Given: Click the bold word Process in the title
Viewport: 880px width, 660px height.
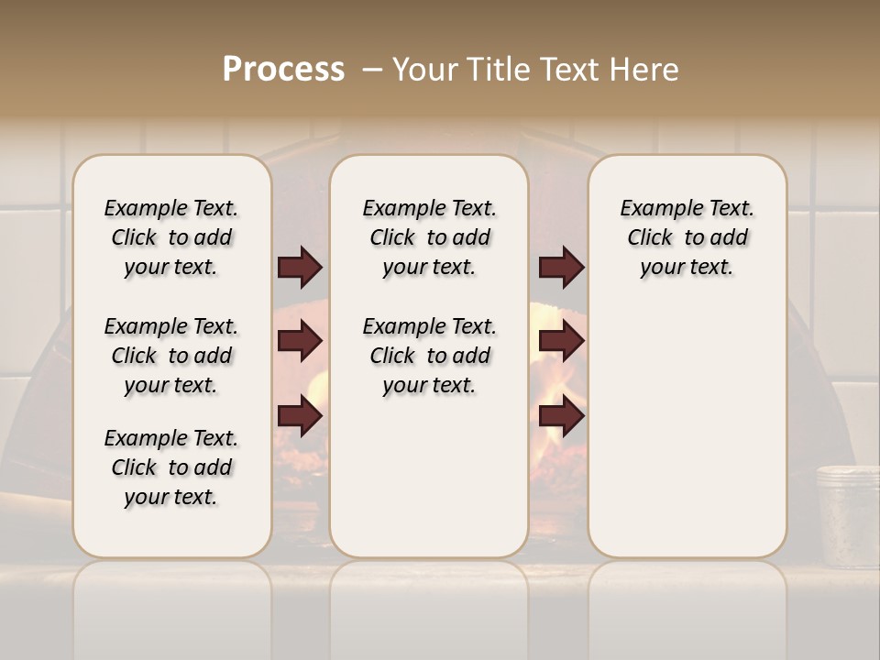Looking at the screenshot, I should [283, 70].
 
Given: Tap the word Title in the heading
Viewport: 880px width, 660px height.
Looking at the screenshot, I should [495, 70].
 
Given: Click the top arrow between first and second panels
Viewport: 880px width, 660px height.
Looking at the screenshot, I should [300, 267].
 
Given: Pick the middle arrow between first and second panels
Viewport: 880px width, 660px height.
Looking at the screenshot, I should [300, 342].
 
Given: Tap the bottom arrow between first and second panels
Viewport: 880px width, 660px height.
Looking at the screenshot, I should [300, 417].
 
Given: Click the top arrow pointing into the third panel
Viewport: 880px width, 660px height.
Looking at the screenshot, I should [561, 267].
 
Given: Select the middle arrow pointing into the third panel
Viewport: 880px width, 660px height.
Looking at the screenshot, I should [561, 342].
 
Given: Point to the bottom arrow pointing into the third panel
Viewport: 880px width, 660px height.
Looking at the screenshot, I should [561, 417].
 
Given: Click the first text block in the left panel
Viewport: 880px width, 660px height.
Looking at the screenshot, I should [171, 237].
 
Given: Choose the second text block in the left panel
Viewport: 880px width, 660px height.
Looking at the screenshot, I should [171, 356].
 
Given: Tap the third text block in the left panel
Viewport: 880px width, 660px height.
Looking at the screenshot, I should [171, 467].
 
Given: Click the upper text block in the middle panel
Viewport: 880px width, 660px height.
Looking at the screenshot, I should [430, 237].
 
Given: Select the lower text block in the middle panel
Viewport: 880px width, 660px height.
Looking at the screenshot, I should [430, 356].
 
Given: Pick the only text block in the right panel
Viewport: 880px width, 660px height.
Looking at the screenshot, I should [687, 237].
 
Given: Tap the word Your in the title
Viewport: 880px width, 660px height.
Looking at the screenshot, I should [425, 70].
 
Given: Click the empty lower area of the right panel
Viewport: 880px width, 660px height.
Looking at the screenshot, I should [687, 431].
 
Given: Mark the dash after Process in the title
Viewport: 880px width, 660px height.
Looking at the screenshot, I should [371, 70].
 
